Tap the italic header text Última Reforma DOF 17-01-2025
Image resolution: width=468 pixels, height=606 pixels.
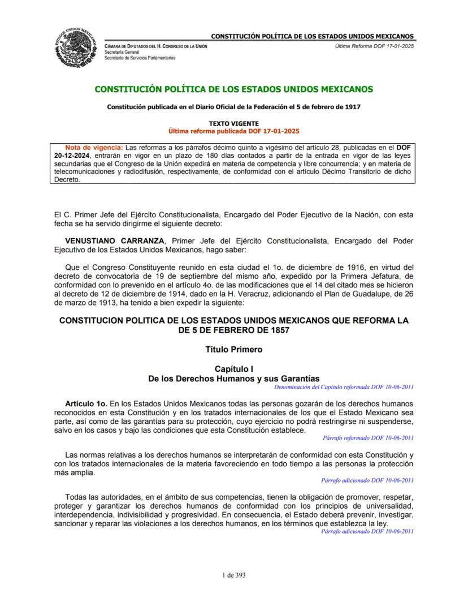[x=374, y=46]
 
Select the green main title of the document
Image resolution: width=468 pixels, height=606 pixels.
[x=233, y=89]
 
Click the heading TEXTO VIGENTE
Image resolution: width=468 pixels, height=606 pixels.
[x=233, y=123]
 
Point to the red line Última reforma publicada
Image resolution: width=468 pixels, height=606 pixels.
[x=233, y=130]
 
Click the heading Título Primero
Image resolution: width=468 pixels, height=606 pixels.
[x=233, y=349]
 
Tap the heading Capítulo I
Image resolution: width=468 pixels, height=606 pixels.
[x=233, y=368]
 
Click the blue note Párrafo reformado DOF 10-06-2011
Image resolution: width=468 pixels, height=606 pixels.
[x=368, y=437]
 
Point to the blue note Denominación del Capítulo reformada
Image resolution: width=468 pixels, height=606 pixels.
[x=344, y=387]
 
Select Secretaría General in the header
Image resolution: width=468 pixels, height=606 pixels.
[x=122, y=52]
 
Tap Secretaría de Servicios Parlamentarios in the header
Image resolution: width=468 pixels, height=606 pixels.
[x=140, y=58]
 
